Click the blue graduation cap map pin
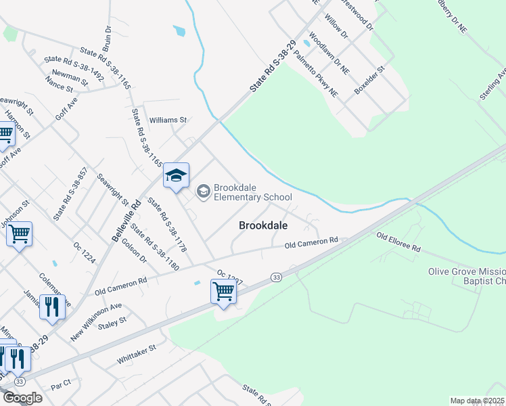point(176,176)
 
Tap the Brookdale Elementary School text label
point(243,193)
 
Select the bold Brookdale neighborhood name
point(264,227)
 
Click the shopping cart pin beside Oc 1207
point(223,292)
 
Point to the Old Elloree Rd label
point(398,242)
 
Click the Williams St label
point(168,120)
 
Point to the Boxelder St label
point(369,81)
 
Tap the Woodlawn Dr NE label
point(329,53)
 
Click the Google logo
point(22,398)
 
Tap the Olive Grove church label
point(466,276)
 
